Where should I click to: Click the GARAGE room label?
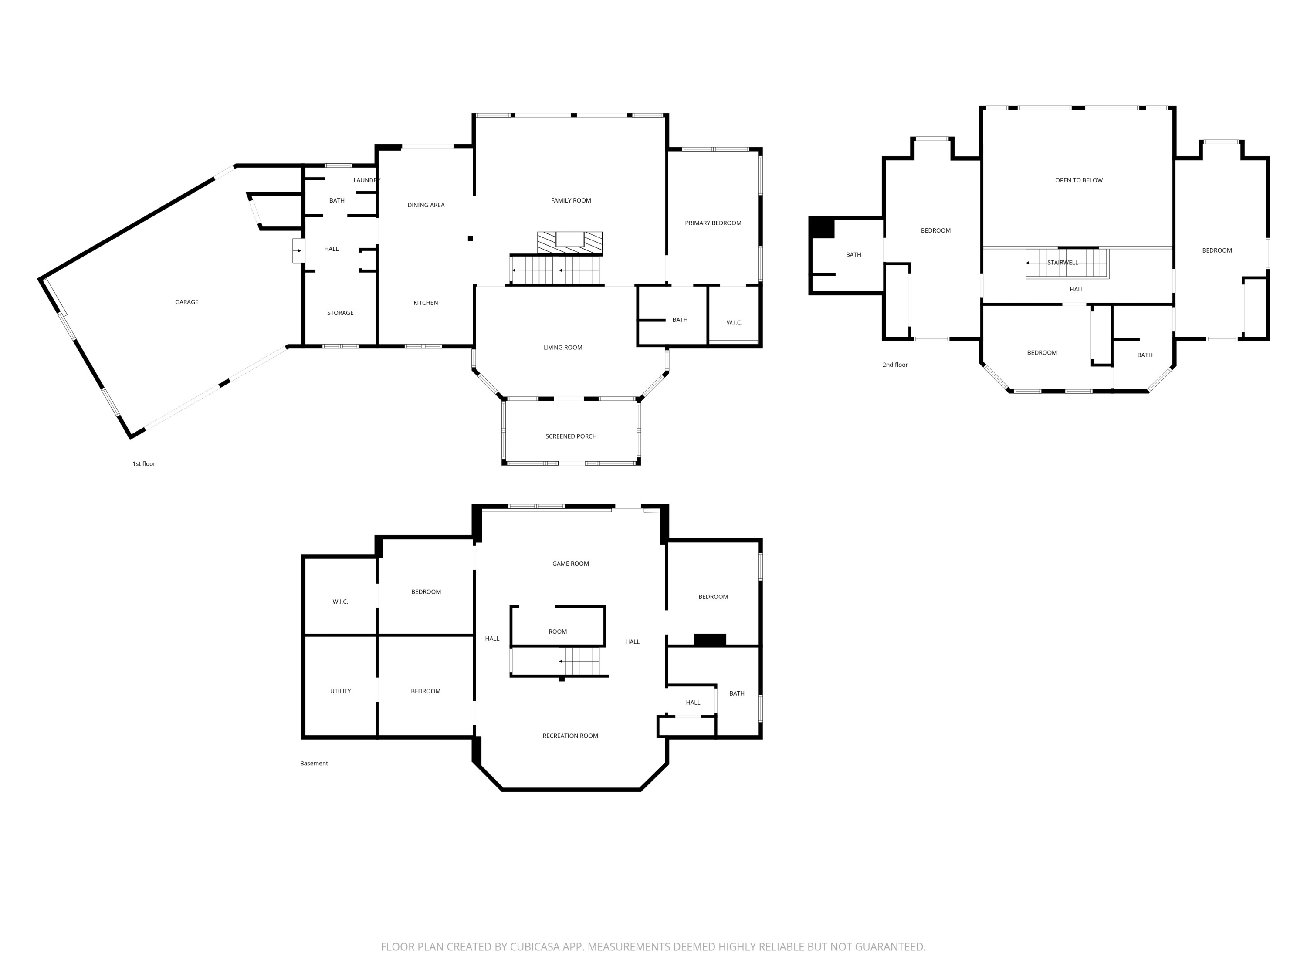point(187,302)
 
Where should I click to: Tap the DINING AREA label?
point(426,205)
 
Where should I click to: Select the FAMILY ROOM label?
point(571,200)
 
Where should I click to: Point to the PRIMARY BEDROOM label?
point(713,223)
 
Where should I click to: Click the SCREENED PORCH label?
point(571,436)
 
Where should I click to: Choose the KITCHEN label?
point(425,302)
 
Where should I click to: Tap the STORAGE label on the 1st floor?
point(340,312)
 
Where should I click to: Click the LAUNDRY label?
point(366,180)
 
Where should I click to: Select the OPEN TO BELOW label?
point(1079,180)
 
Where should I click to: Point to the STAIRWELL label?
point(1063,262)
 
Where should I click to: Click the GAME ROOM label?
point(570,564)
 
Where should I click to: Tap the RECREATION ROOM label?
point(570,736)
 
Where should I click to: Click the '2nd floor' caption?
point(895,365)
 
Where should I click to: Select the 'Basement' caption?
point(314,763)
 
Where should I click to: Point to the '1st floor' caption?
point(144,464)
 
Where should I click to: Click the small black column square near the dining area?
point(471,239)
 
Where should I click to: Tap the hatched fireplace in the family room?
point(569,243)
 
